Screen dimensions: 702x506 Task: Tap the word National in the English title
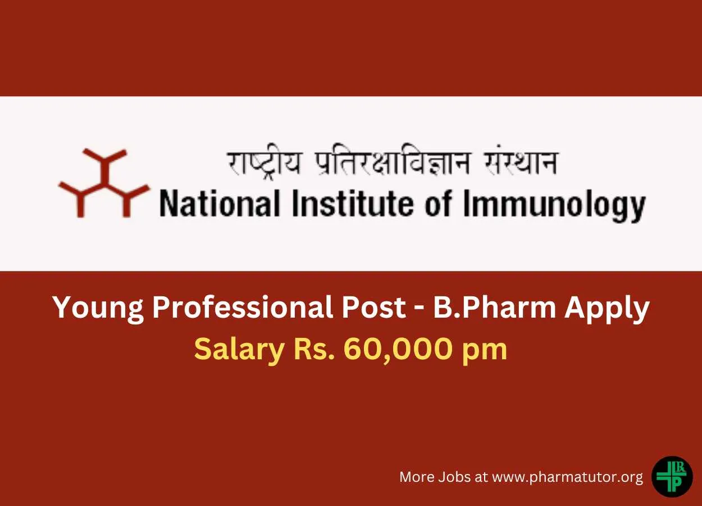220,204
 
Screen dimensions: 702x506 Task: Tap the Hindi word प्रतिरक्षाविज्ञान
392,164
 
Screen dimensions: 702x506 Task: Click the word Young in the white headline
98,308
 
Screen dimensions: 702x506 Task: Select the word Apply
607,308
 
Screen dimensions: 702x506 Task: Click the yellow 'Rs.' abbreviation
314,349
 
